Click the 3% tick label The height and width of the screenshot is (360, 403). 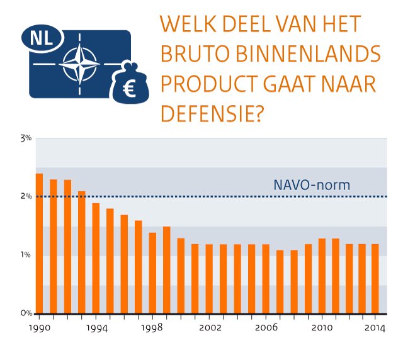[x=25, y=138]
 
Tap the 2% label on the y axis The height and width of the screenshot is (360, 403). [x=25, y=196]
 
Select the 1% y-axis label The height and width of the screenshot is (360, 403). [x=25, y=255]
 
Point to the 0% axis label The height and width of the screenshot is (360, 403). [x=25, y=313]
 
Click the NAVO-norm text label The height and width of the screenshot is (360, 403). [x=311, y=185]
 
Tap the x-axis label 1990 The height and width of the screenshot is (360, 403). [x=39, y=329]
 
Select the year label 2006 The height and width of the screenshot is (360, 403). [x=266, y=329]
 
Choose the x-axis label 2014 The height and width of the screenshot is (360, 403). [x=375, y=329]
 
